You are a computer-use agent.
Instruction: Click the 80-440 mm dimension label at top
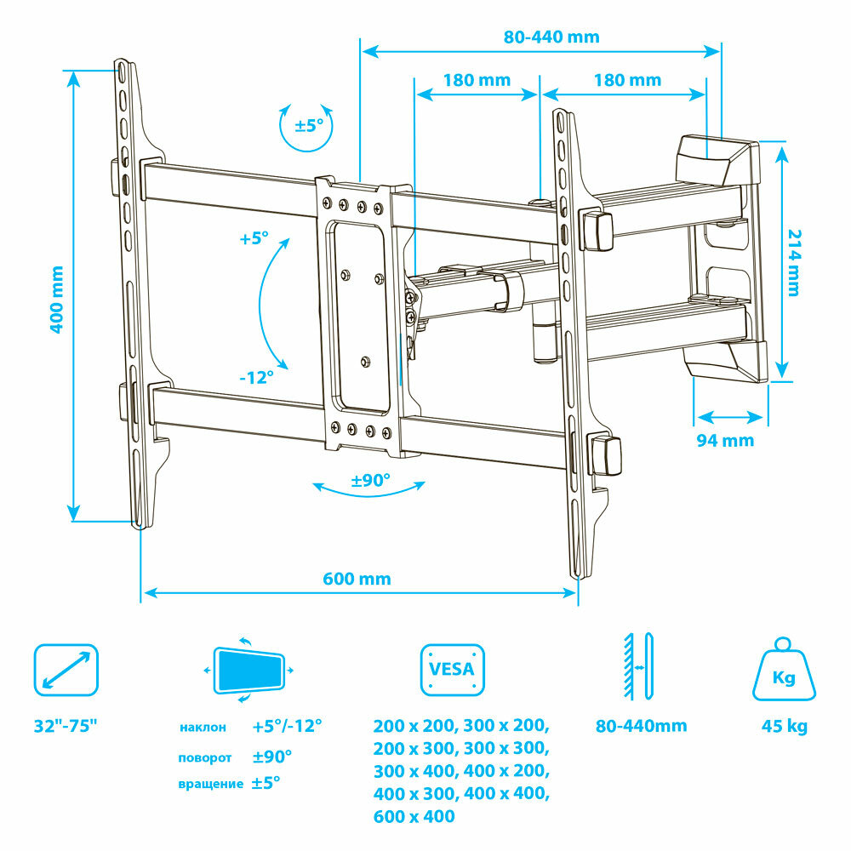[551, 37]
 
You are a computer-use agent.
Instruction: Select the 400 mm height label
[56, 299]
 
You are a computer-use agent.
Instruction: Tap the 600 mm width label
[357, 579]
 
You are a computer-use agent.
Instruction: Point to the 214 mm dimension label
[793, 263]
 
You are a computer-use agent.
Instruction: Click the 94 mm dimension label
[725, 440]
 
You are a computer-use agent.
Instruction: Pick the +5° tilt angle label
[254, 238]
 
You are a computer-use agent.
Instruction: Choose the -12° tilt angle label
[256, 377]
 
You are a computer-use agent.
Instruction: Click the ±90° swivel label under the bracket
[370, 480]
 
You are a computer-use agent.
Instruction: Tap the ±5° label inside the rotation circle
[309, 125]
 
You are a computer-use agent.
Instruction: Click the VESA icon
[452, 670]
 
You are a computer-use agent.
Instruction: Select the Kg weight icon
[784, 669]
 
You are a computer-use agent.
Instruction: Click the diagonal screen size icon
[66, 670]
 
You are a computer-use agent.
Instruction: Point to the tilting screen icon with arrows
[249, 671]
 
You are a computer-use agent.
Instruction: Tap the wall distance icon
[638, 666]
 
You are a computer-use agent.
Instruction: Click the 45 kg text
[785, 726]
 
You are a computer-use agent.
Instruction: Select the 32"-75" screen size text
[66, 726]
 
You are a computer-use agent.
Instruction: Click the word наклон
[203, 728]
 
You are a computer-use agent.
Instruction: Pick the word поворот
[204, 757]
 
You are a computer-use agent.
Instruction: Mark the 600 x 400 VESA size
[414, 816]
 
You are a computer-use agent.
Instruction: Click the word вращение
[210, 784]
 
